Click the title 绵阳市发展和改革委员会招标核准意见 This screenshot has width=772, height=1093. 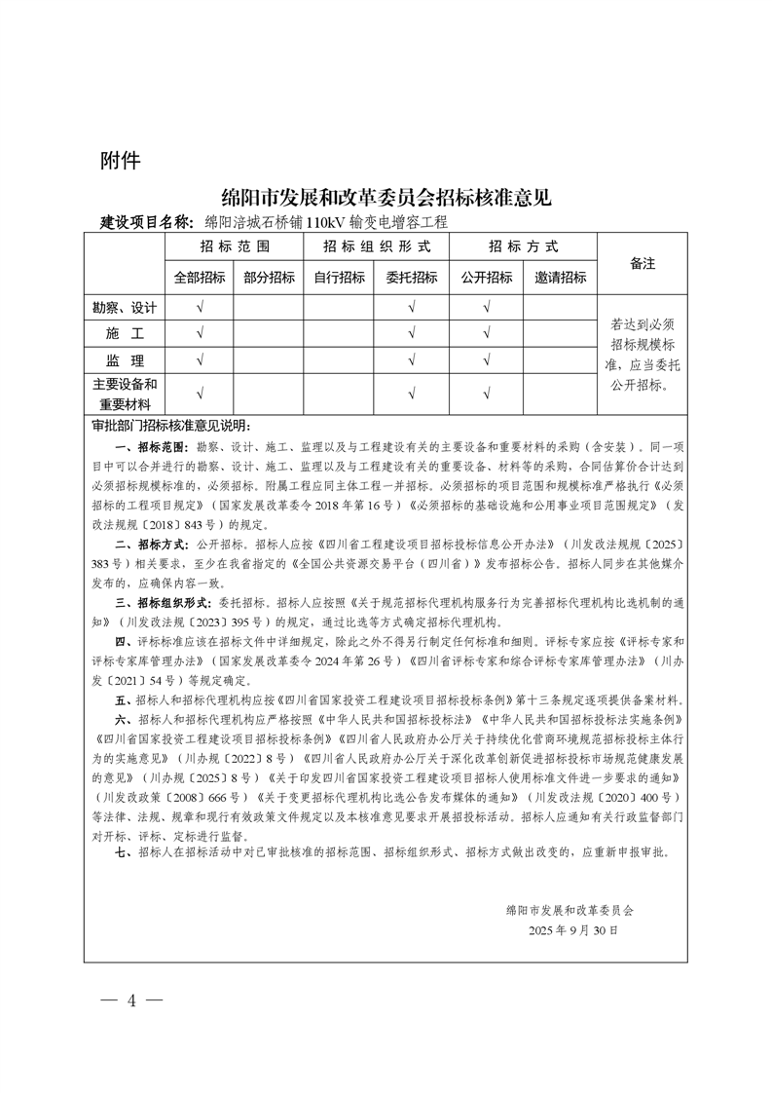[x=386, y=197]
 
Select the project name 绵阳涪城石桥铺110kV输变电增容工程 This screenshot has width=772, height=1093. [x=325, y=222]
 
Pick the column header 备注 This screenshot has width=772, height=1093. [x=643, y=263]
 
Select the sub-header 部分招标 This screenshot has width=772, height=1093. [x=269, y=278]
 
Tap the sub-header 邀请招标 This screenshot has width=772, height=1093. [x=560, y=278]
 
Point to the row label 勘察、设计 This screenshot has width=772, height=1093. [x=125, y=307]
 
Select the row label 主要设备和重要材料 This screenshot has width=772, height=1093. [x=125, y=394]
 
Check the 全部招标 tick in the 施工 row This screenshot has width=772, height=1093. [x=200, y=334]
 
